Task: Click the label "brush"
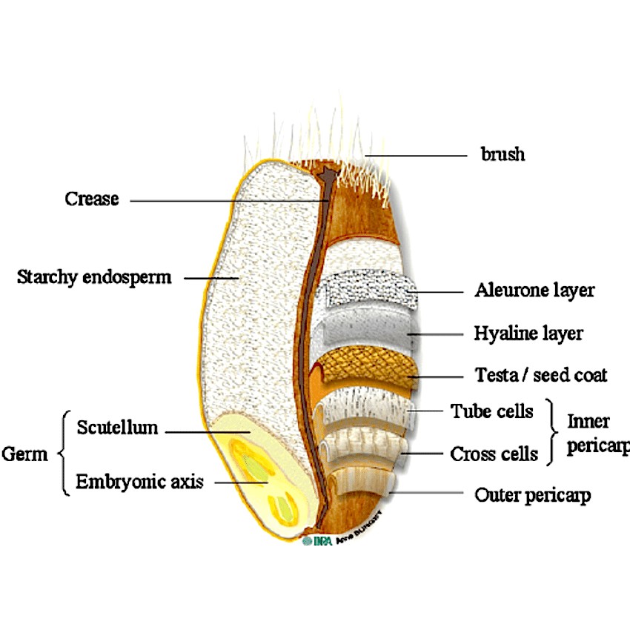[503, 155]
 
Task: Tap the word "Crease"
[91, 199]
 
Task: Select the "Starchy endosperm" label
[93, 278]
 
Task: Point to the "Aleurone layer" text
[534, 290]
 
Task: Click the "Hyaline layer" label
[528, 334]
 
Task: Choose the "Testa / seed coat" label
[541, 376]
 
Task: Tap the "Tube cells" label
[492, 411]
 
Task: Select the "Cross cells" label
[494, 454]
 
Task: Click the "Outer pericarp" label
[532, 495]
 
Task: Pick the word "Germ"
[24, 454]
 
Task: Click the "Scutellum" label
[117, 428]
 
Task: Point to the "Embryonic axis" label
[139, 482]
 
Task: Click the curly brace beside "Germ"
[62, 453]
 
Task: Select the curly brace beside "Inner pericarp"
[552, 432]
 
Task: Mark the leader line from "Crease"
[222, 200]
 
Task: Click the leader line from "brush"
[415, 156]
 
